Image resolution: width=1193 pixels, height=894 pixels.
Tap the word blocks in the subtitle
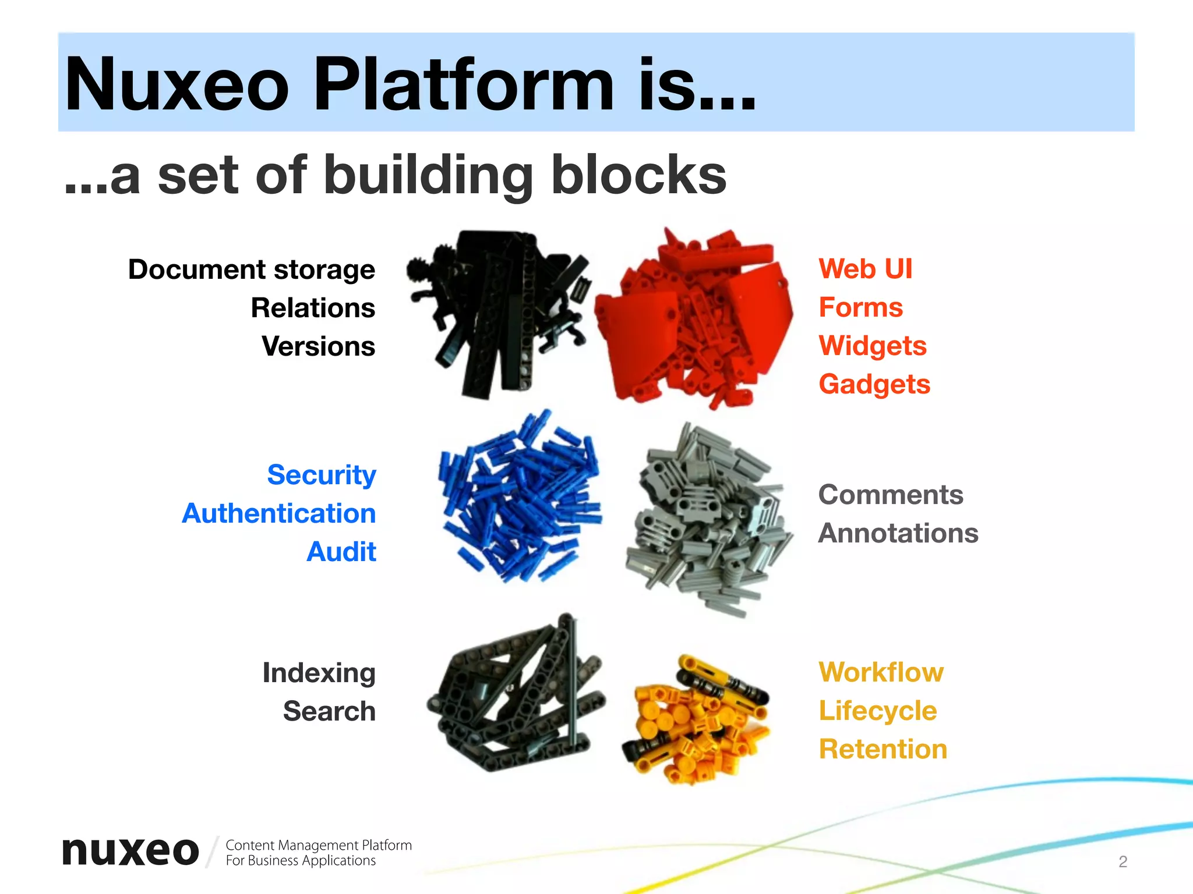638,175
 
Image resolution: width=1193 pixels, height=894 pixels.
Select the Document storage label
252,269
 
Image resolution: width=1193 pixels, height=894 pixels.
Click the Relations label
313,308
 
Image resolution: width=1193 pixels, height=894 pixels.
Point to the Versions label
318,346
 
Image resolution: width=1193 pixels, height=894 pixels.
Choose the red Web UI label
865,269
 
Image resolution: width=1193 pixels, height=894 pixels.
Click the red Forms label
860,307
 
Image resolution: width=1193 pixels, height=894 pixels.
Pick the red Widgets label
872,346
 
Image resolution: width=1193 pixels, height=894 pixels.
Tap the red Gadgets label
874,384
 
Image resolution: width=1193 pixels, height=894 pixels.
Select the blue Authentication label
278,513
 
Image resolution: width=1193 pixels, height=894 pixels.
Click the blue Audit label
341,552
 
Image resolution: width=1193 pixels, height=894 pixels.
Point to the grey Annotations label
898,533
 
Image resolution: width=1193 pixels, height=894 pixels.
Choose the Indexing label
319,673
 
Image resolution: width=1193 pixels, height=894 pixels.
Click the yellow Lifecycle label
877,711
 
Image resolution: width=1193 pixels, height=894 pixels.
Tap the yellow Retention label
883,749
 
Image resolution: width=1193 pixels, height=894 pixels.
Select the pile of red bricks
693,317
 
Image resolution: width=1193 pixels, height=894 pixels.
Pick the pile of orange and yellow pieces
696,719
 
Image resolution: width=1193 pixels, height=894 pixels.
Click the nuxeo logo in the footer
130,852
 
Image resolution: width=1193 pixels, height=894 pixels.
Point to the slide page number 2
1123,861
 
